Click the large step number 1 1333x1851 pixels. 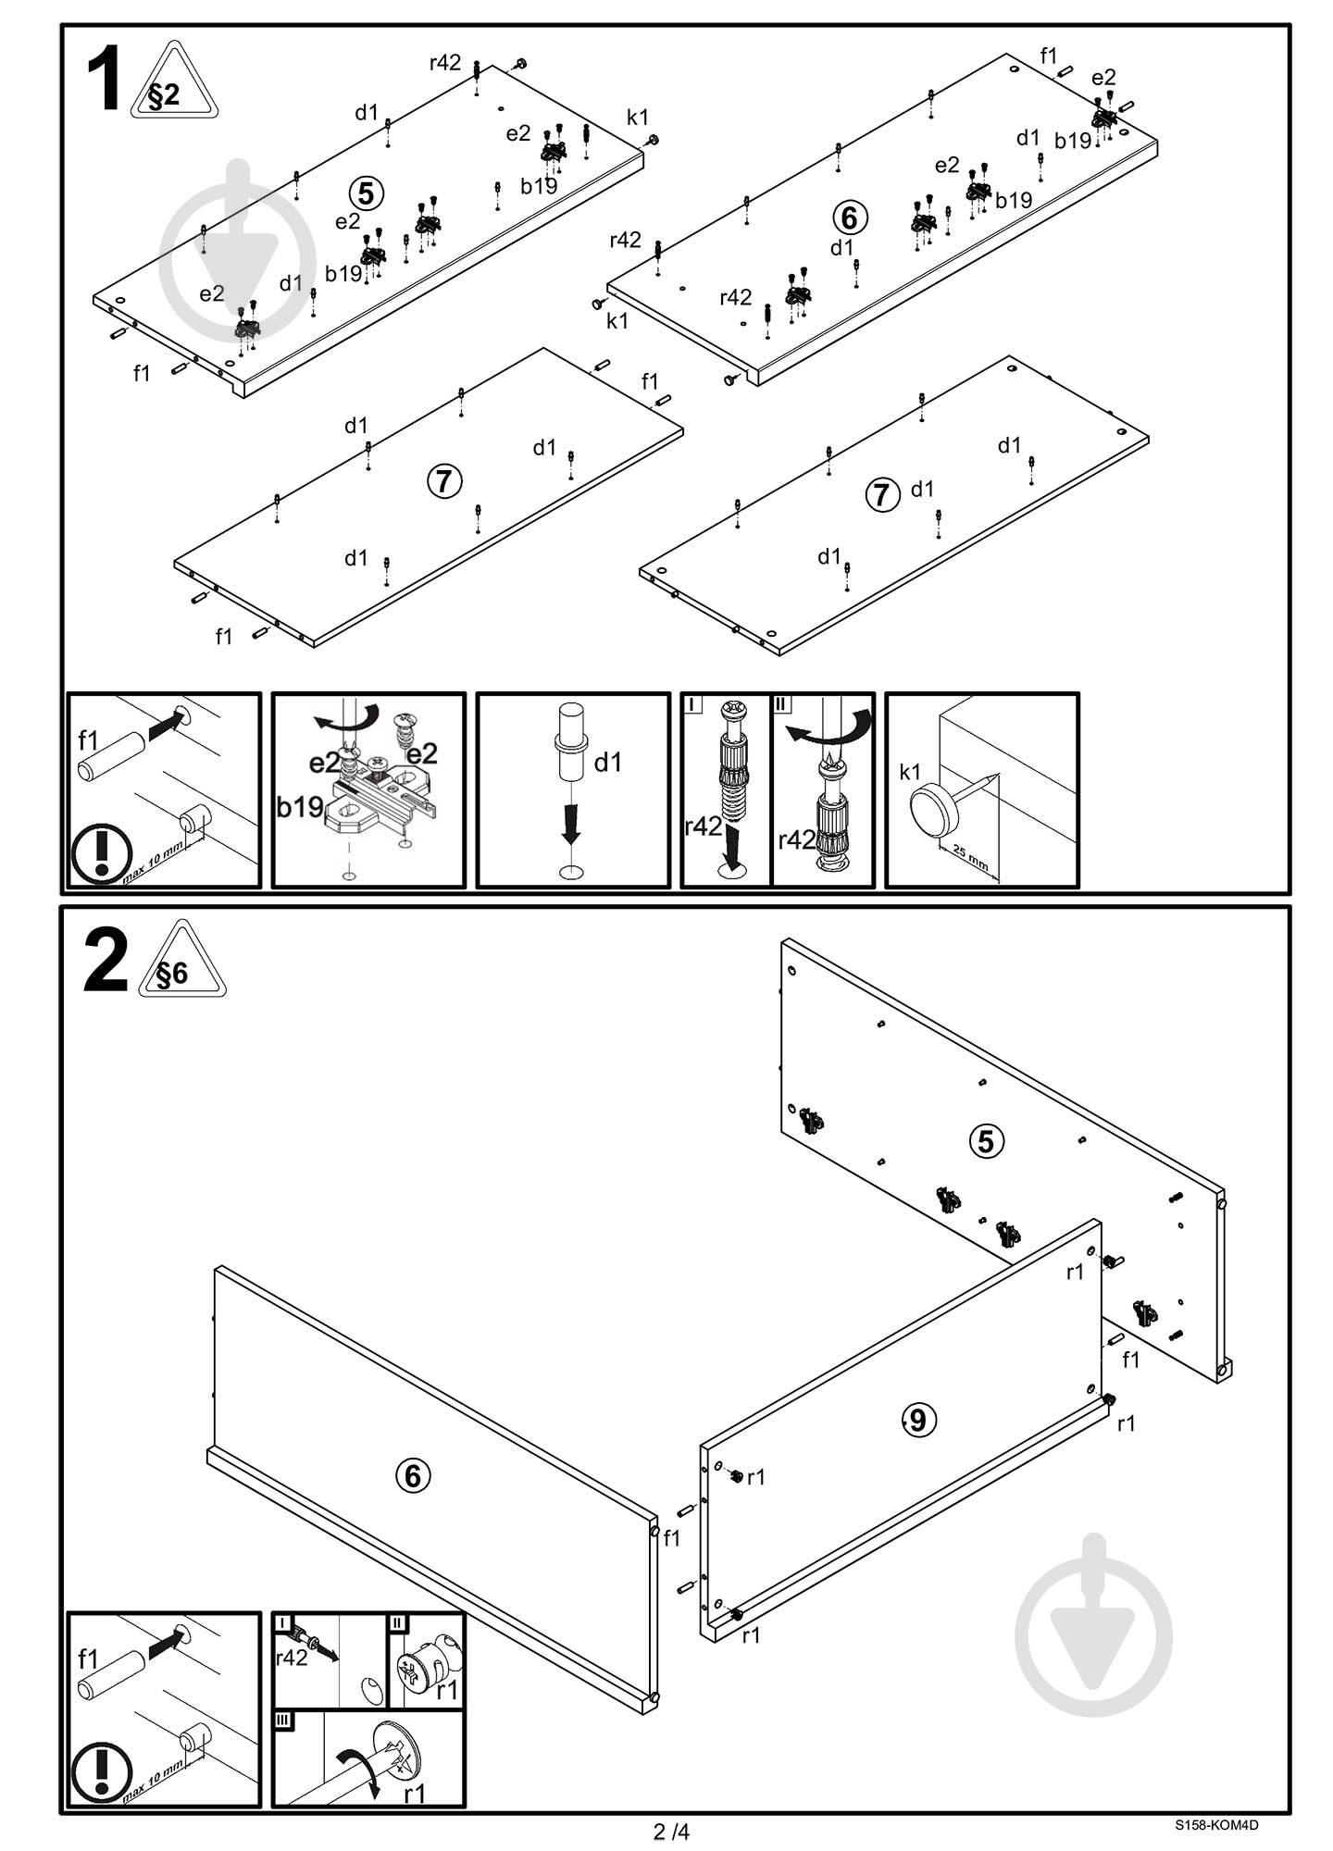click(x=104, y=81)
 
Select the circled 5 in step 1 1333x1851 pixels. click(x=367, y=193)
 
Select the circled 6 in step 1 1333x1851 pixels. click(x=850, y=217)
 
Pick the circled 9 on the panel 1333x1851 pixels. click(x=917, y=1419)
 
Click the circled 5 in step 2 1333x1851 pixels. click(x=985, y=1141)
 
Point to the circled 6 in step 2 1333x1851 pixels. click(x=413, y=1475)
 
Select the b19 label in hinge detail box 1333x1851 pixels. click(x=300, y=807)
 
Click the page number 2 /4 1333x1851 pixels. click(x=672, y=1831)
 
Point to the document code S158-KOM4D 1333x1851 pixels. click(x=1216, y=1825)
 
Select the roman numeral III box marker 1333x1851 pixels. click(x=283, y=1720)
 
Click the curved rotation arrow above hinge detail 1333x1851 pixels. click(x=348, y=718)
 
